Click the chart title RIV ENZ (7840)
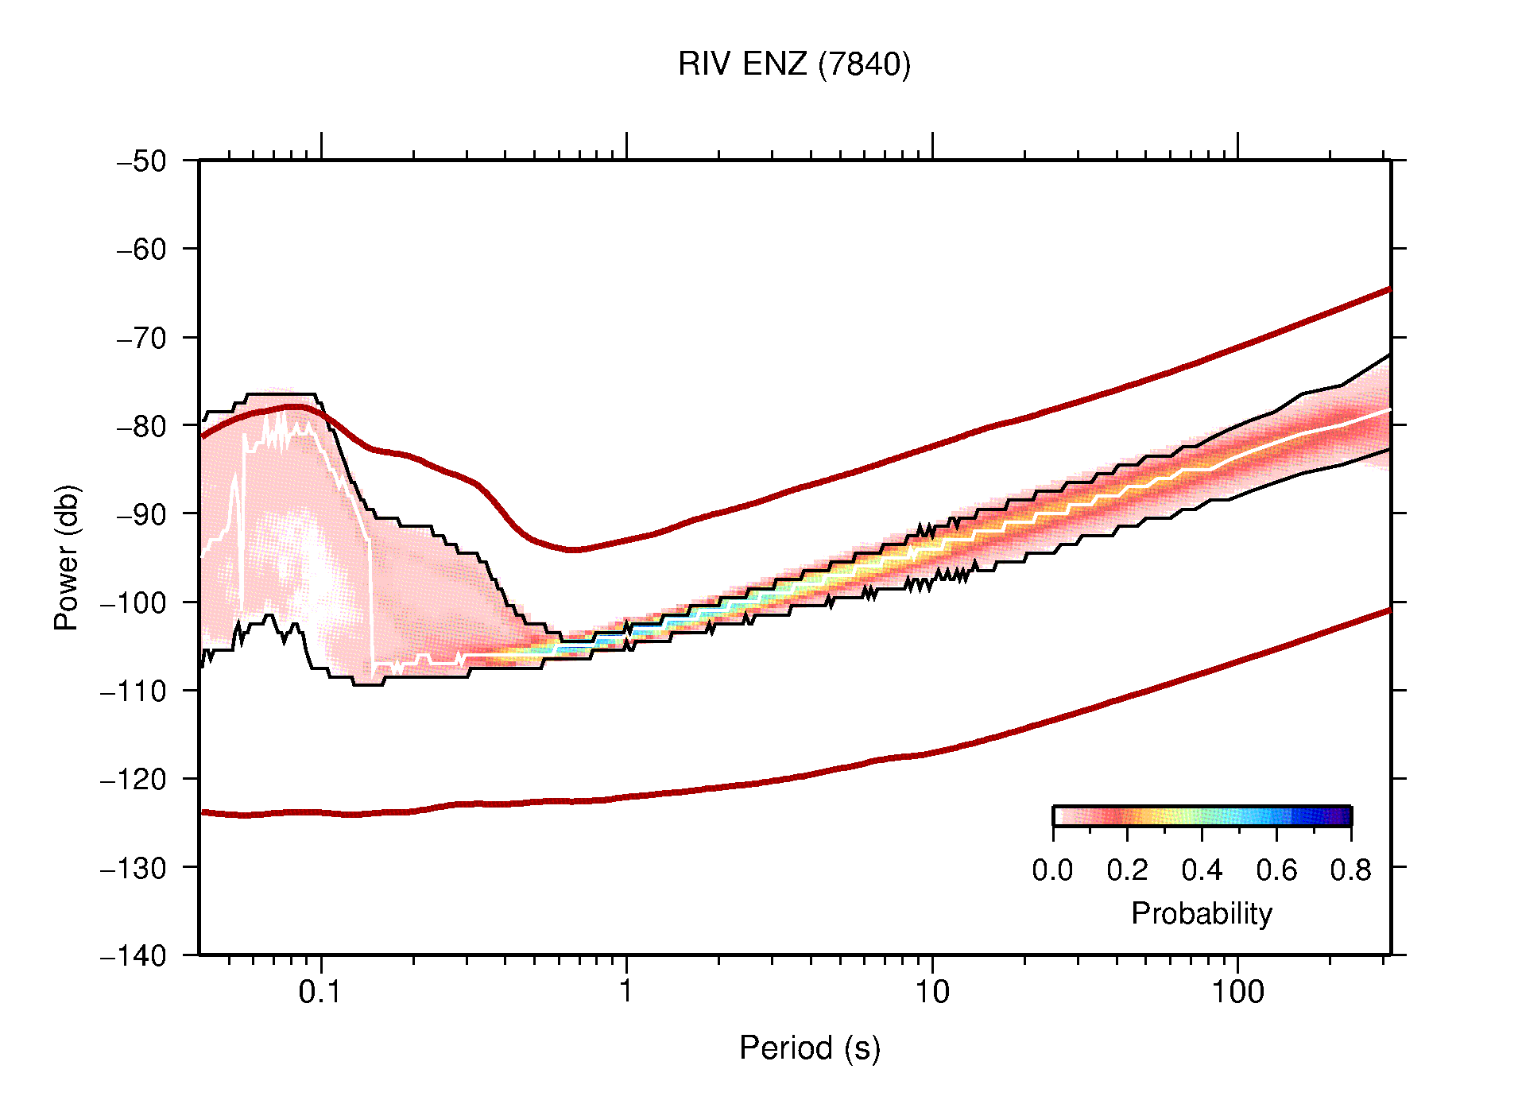[x=793, y=64]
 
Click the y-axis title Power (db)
[x=67, y=557]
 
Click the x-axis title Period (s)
[x=809, y=1048]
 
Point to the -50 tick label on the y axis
[x=141, y=161]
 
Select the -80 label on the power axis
[x=141, y=426]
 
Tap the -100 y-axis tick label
[x=134, y=602]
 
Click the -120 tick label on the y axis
[x=134, y=779]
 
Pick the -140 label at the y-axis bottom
[x=134, y=955]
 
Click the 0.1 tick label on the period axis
[x=320, y=992]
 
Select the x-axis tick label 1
[x=626, y=992]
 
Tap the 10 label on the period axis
[x=931, y=992]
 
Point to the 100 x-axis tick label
[x=1237, y=992]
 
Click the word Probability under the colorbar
[x=1201, y=913]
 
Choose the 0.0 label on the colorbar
[x=1052, y=870]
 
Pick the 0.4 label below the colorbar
[x=1202, y=870]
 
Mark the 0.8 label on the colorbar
[x=1350, y=870]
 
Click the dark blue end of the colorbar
[x=1342, y=816]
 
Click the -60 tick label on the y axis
[x=141, y=250]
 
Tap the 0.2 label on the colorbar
[x=1127, y=870]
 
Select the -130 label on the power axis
[x=134, y=867]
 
